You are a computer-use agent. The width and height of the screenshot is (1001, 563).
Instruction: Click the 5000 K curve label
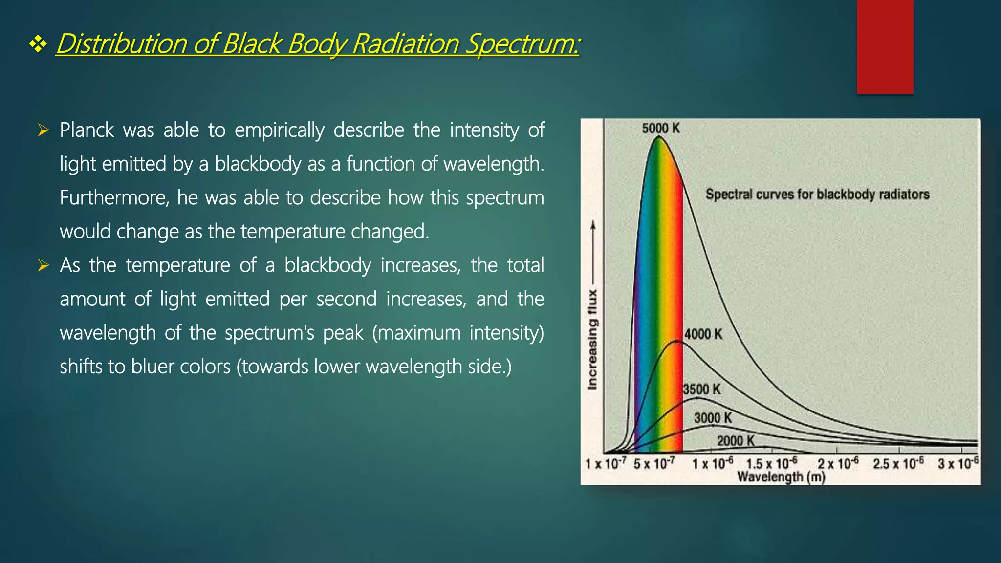pos(661,129)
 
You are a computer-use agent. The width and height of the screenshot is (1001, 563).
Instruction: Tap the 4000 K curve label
pos(703,334)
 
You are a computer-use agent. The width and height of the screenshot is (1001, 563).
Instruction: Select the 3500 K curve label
pos(701,390)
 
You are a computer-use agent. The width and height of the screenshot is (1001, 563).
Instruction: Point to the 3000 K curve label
pos(713,418)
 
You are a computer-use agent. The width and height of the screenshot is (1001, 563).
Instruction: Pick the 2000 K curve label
pos(736,441)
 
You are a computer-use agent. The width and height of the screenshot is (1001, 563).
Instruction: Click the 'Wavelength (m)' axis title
pos(781,477)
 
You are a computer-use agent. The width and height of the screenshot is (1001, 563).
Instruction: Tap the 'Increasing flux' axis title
pos(592,339)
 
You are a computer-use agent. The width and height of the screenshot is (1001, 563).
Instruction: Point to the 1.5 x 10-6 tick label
pos(771,463)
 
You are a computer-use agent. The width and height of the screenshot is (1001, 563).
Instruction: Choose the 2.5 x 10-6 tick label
pos(898,463)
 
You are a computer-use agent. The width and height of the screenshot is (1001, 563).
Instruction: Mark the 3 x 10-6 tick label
pos(958,463)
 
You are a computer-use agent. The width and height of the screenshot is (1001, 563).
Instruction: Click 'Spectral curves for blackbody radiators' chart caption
pos(817,195)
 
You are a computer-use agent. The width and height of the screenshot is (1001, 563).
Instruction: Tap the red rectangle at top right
pos(885,47)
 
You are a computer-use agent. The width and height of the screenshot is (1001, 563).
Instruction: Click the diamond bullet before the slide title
pos(38,45)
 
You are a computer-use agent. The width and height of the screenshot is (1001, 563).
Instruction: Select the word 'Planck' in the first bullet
pos(87,130)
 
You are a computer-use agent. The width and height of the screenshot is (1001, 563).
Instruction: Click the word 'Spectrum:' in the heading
pos(522,44)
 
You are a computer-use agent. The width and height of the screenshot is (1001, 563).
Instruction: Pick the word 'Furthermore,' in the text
pos(114,198)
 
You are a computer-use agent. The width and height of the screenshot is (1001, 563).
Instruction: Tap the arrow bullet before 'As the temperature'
pos(44,265)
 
